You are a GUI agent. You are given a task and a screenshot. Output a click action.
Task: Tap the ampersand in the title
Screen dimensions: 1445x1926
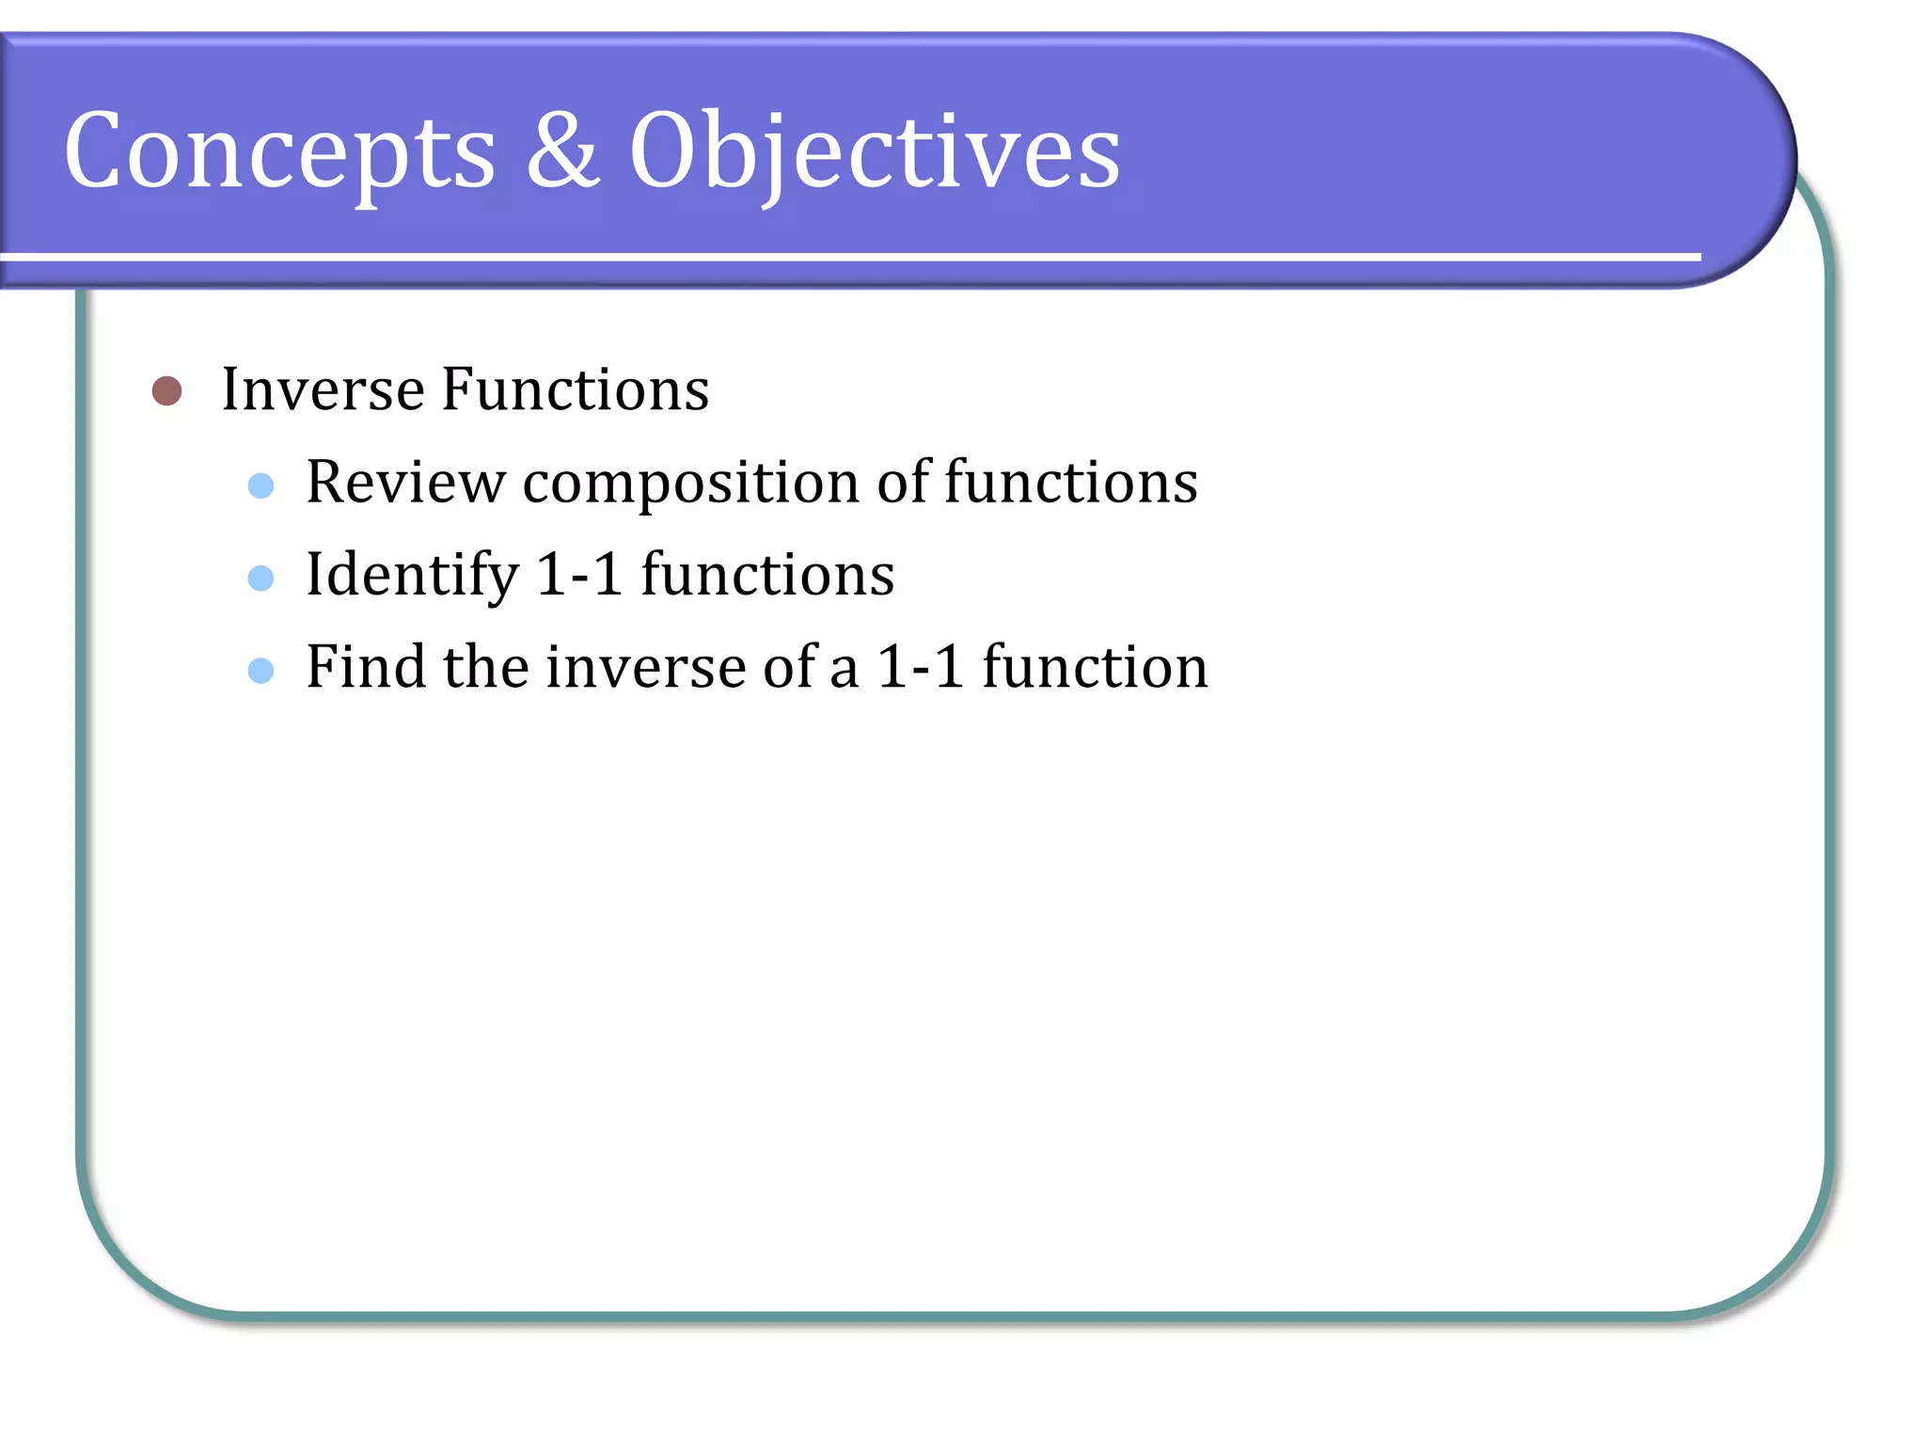(x=562, y=151)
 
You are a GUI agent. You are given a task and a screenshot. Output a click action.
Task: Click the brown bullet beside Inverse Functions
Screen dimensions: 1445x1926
(x=166, y=390)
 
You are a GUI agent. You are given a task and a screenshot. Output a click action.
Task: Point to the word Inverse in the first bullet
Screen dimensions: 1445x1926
(x=323, y=389)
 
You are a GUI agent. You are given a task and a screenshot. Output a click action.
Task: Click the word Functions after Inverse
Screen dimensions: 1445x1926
(x=575, y=389)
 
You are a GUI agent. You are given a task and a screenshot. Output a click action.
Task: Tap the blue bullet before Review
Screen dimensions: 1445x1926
(x=260, y=485)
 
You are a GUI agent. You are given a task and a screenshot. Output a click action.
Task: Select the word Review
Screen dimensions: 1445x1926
(x=405, y=483)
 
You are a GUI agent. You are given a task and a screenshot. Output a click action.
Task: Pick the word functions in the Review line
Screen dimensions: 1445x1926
(x=1070, y=483)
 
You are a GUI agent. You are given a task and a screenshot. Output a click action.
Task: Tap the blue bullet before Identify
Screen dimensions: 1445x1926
(x=260, y=578)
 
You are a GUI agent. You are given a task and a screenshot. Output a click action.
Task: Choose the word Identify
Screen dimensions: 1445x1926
(x=412, y=576)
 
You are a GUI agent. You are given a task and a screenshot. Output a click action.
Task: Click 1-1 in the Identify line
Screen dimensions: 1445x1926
(x=579, y=574)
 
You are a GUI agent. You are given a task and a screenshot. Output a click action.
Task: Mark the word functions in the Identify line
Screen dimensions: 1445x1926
(x=767, y=575)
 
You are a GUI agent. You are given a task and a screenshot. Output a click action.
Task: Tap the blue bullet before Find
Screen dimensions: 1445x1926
(x=260, y=670)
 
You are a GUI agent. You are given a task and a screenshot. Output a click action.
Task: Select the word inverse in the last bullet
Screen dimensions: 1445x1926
(x=645, y=667)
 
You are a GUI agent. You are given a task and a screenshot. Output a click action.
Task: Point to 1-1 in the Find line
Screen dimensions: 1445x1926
(x=921, y=667)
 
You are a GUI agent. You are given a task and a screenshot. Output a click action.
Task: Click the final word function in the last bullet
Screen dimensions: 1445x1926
(x=1095, y=667)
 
